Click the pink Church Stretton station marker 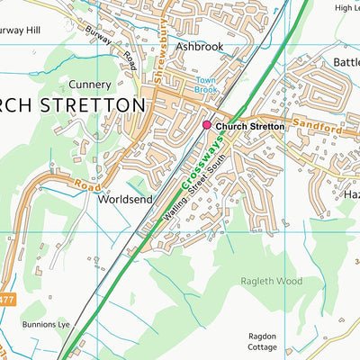pos(207,127)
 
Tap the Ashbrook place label pos(198,45)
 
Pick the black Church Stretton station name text pos(249,127)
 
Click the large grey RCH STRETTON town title pos(72,105)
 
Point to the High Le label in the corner pos(346,7)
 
